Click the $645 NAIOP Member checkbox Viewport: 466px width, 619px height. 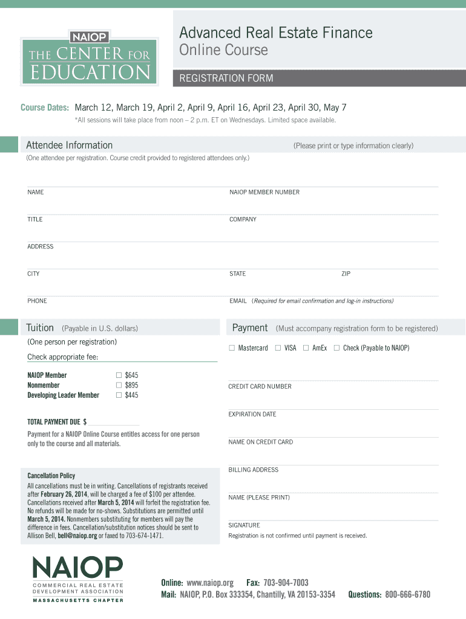(119, 375)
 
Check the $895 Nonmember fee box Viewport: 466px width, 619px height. (119, 385)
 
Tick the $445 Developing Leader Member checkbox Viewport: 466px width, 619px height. (119, 395)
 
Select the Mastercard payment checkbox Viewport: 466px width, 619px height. (231, 348)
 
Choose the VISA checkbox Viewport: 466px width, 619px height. (278, 348)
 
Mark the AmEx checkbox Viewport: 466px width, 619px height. (306, 348)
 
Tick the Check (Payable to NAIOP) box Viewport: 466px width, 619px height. (336, 348)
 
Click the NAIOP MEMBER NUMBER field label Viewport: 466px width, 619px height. (264, 192)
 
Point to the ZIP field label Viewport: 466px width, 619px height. (346, 274)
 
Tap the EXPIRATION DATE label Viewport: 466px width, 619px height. (252, 414)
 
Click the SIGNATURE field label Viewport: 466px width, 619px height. (244, 525)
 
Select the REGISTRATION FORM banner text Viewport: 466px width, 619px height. (226, 79)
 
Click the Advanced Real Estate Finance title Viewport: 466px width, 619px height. (275, 32)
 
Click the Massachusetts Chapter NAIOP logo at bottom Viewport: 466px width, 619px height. (77, 578)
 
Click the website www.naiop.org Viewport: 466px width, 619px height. (210, 583)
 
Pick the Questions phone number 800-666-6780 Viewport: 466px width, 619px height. (407, 595)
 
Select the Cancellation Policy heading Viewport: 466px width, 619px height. (51, 476)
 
